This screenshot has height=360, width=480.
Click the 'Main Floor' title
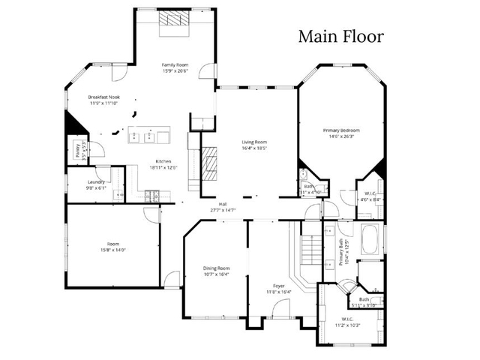pos(341,36)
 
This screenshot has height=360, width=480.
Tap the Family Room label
pos(175,66)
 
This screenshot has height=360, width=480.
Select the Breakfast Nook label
pos(104,97)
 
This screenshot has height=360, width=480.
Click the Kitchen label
pos(163,161)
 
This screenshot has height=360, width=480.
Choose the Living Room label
pos(253,142)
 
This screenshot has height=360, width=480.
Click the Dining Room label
pos(217,268)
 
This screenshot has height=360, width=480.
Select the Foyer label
pos(278,286)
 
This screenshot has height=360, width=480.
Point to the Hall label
pos(223,204)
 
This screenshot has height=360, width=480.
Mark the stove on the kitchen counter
pos(152,197)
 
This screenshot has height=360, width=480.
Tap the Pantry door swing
pos(86,152)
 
